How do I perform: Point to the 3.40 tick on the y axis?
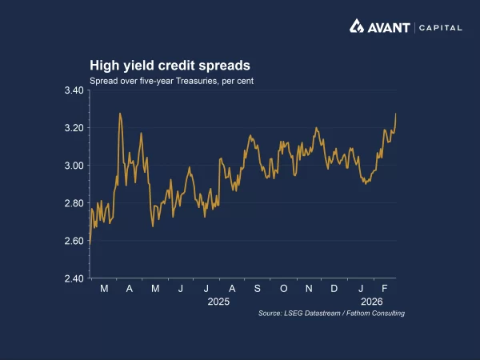click(x=74, y=90)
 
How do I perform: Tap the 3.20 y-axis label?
click(x=74, y=128)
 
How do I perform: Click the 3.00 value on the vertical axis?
click(x=74, y=166)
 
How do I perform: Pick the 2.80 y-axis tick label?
click(x=74, y=203)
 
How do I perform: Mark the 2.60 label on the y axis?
click(x=74, y=241)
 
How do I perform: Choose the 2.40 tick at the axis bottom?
click(x=74, y=278)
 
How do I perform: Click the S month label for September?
click(x=258, y=288)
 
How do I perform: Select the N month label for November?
click(x=309, y=288)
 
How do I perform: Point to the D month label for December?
click(x=334, y=288)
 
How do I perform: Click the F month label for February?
click(x=384, y=288)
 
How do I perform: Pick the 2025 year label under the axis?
click(x=218, y=302)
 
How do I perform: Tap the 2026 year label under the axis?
click(x=372, y=302)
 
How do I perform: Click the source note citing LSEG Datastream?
click(x=331, y=314)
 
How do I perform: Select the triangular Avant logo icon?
click(x=357, y=27)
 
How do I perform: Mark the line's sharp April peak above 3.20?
click(x=120, y=114)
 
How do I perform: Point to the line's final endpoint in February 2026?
click(x=395, y=114)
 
